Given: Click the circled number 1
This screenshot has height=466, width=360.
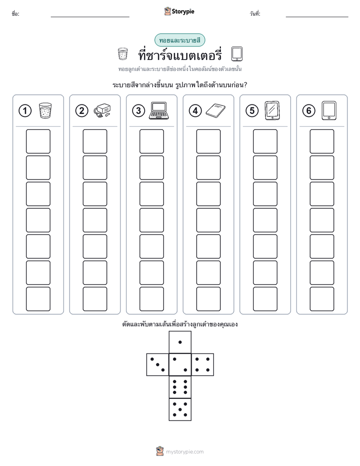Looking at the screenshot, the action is (25, 111).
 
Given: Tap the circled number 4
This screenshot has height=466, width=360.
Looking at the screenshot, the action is (195, 111).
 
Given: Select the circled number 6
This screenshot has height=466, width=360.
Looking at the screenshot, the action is (309, 111).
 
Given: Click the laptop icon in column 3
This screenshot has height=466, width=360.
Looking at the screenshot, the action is (159, 110).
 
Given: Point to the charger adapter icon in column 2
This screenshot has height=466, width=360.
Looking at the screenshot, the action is (102, 111).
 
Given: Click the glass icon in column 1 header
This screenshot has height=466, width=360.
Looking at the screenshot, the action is (45, 111).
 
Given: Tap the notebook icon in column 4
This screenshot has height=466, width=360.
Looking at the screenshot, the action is (216, 110).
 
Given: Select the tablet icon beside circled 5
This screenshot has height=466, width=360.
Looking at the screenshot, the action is (272, 110).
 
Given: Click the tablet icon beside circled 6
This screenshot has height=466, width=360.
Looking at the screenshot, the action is (329, 110).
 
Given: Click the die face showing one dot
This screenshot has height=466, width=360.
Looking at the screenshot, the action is (180, 342).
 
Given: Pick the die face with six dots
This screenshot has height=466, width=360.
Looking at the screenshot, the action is (180, 387).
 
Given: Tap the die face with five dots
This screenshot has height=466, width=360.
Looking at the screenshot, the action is (180, 410).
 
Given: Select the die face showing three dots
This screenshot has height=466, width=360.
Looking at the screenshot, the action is (158, 365).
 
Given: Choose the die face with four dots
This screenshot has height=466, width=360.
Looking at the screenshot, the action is (203, 365).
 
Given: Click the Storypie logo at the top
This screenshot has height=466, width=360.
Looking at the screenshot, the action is (179, 11).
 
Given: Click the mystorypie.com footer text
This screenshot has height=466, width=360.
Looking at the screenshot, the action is (185, 452).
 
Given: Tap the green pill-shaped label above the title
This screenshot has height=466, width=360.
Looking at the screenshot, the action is (179, 40).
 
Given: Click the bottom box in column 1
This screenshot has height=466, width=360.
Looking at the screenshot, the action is (38, 299).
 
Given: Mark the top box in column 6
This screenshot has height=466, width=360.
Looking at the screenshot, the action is (322, 141).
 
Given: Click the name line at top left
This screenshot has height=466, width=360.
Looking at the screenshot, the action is (90, 17).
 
